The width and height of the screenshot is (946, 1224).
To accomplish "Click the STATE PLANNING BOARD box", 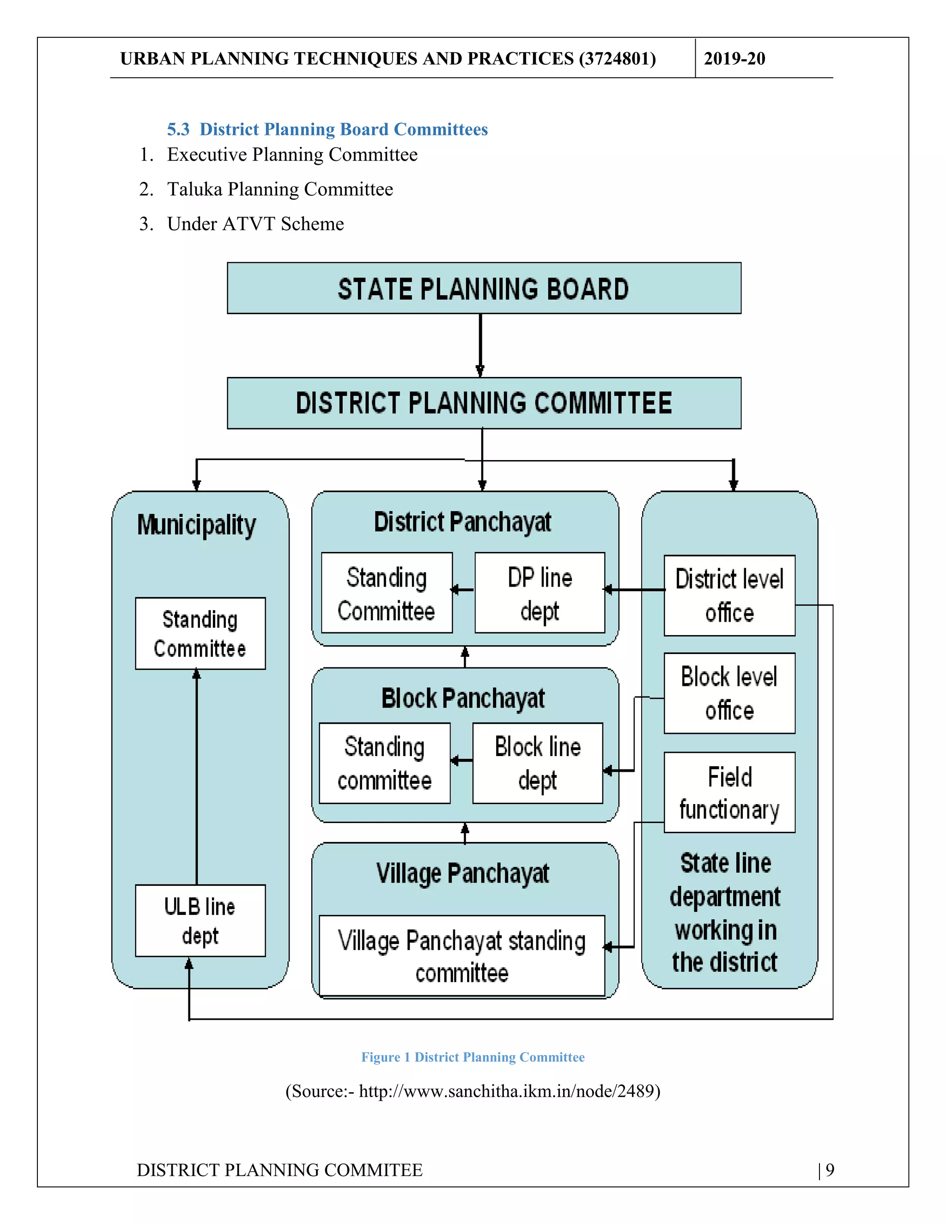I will (484, 288).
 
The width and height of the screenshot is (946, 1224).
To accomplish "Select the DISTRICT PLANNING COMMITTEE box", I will (484, 403).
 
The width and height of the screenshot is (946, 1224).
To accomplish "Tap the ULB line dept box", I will (200, 920).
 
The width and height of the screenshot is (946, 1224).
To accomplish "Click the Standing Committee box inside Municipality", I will (200, 633).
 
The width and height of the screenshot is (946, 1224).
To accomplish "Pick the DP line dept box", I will (540, 593).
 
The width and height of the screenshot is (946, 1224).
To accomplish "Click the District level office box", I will (729, 595).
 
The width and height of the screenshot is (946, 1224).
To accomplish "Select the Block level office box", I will (729, 693).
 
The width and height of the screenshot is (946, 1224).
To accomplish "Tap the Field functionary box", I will (729, 793).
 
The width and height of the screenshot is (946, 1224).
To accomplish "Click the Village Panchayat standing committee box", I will (462, 956).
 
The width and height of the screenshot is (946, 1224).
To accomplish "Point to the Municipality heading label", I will (197, 525).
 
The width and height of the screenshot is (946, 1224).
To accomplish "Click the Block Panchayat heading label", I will (463, 698).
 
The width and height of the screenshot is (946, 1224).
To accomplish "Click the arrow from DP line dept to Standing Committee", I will (463, 589).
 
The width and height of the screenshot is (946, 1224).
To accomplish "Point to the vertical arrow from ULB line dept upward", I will (197, 776).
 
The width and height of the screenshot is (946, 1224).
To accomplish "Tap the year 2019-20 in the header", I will (734, 58).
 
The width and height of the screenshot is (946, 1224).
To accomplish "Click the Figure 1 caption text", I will (473, 1057).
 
